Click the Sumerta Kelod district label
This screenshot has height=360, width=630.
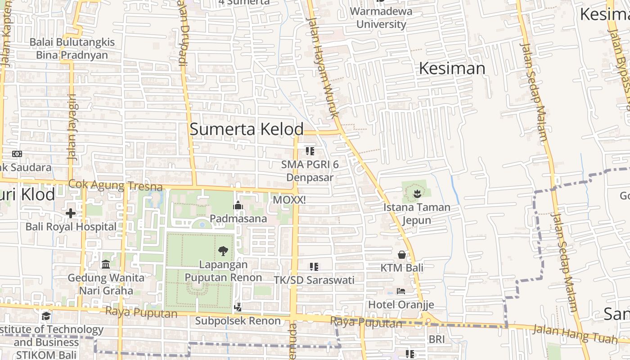click(247, 129)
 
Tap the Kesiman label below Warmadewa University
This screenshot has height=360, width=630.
click(452, 68)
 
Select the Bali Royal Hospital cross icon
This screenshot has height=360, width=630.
click(71, 213)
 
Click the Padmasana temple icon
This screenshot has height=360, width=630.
click(238, 206)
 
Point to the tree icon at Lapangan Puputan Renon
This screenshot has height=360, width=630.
click(223, 251)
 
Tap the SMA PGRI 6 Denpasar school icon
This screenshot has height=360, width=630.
click(310, 151)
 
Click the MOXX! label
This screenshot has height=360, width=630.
click(289, 199)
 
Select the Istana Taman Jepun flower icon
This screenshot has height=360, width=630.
click(417, 194)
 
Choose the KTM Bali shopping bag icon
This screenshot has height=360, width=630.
click(402, 255)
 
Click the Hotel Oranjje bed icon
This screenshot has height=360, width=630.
click(401, 291)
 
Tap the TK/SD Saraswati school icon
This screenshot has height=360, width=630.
click(314, 267)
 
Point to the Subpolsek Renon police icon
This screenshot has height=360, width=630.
click(238, 307)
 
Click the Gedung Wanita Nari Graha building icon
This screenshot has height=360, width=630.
click(106, 264)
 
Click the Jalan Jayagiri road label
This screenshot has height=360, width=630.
click(72, 127)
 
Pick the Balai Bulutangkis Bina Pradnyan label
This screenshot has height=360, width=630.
click(72, 49)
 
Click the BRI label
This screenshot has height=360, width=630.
click(436, 339)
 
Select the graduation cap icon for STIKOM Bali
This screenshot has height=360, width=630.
click(46, 316)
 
